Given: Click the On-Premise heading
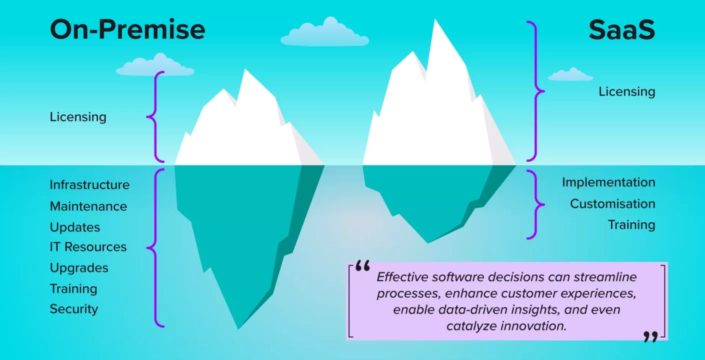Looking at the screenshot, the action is pos(127,29).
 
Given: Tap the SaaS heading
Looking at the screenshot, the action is pos(622,29).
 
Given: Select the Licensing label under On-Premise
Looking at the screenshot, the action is pos(78,117).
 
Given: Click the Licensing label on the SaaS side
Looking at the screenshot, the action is pos(627,91).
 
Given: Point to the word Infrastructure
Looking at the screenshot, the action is pos(89,184).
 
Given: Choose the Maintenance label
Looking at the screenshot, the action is pos(88,206).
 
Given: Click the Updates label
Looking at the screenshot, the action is pos(75,227).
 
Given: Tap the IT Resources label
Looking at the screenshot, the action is pos(88,247).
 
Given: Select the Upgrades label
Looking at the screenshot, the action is pos(79,268).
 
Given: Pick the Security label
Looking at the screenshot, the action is pos(74,309).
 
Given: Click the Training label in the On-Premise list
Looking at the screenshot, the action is pos(73,289).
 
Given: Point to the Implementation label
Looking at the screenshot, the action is pos(608,182).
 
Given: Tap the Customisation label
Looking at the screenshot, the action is pos(613,204).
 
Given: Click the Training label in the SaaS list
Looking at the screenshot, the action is pos(631,225).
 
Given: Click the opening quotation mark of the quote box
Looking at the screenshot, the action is pos(362,266).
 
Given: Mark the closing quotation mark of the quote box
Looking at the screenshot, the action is pos(651,336).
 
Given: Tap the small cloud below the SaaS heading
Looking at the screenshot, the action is pos(570,74).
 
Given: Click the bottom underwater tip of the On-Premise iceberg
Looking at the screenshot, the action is pos(238,329).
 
